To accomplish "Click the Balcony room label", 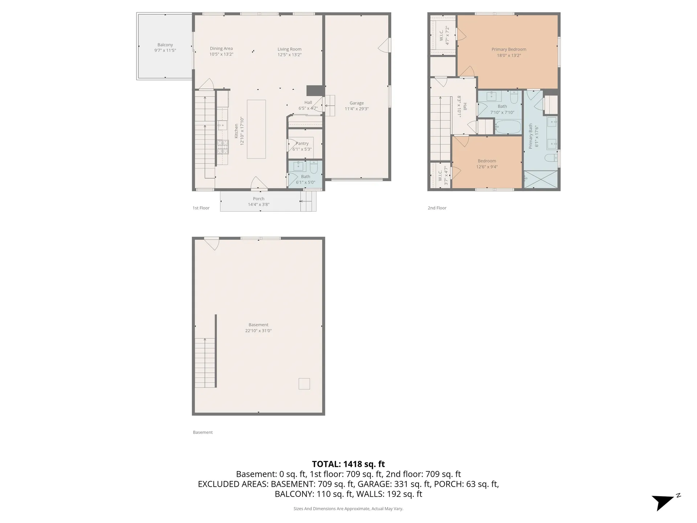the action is tap(165, 45).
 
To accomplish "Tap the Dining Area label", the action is tap(221, 48).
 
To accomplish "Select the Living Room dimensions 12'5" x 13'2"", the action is tap(290, 55).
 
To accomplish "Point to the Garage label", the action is tap(356, 103).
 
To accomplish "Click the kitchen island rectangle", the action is tap(256, 129).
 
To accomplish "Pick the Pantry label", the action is tap(302, 143).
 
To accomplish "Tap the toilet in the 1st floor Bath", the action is tap(314, 167).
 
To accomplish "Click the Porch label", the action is tap(259, 199).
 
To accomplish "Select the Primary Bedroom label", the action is tap(509, 49).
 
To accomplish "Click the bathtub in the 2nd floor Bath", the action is tap(508, 127).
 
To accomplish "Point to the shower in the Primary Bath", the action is tap(541, 179).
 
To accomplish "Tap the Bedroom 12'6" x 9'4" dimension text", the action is tap(487, 167).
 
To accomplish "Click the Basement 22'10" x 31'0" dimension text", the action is tap(258, 331).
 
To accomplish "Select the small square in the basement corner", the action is tap(304, 384).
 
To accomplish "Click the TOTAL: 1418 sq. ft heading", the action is tap(348, 464).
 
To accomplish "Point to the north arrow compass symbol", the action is tap(664, 502).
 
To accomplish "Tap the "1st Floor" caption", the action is tap(201, 208).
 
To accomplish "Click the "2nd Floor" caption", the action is tap(437, 208).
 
